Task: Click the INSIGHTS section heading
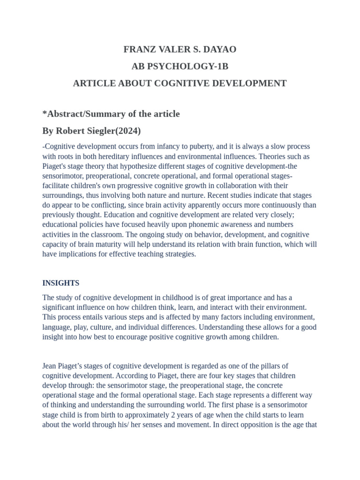pyautogui.click(x=61, y=283)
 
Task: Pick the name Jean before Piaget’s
pyautogui.click(x=51, y=366)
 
